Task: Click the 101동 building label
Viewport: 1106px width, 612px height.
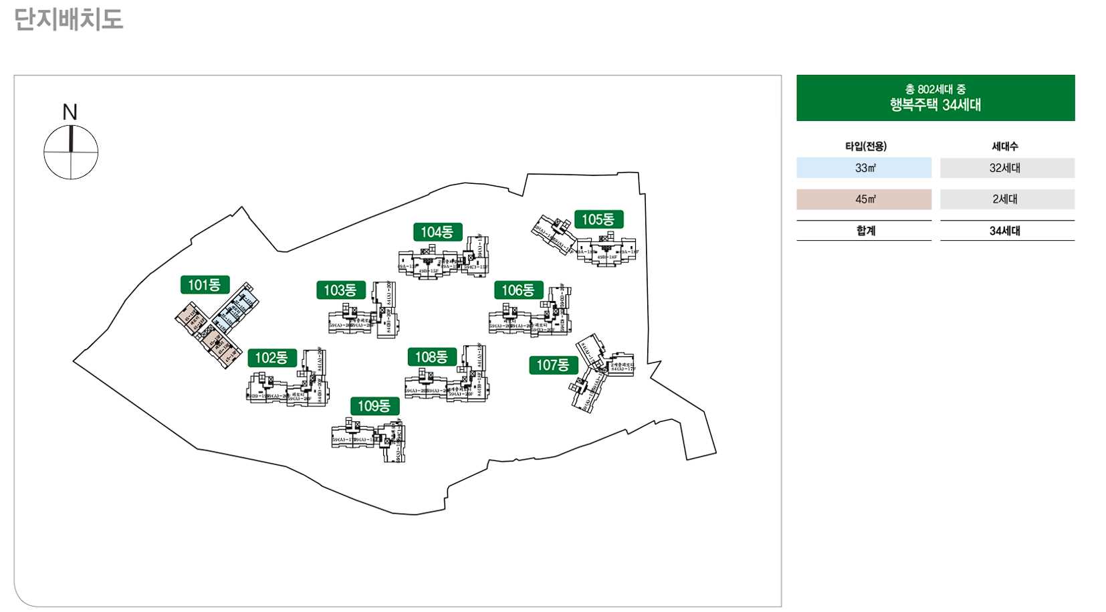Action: (x=205, y=285)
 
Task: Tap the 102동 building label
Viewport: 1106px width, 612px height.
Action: (x=271, y=358)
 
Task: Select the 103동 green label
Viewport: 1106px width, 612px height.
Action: (x=340, y=290)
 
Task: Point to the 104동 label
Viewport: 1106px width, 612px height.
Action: (x=437, y=232)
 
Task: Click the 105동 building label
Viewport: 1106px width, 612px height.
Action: (x=598, y=219)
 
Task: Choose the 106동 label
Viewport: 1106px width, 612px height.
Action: (x=518, y=290)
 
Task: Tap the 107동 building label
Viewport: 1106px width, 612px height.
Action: (x=553, y=365)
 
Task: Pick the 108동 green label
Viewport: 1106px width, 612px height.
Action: (x=431, y=357)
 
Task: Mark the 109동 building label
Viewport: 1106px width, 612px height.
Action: (x=374, y=406)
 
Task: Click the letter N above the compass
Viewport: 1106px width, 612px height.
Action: (x=70, y=112)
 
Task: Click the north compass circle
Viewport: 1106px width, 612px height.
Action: (x=71, y=152)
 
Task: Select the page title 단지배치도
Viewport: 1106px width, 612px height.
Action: (x=68, y=19)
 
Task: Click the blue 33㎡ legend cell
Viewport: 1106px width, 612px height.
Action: (x=863, y=168)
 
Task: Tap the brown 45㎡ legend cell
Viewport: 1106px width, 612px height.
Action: (x=863, y=199)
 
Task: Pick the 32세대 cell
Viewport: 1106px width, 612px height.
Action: (x=1006, y=168)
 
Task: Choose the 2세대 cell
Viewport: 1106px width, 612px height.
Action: (x=1006, y=199)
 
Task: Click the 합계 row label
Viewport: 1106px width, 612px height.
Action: (x=865, y=231)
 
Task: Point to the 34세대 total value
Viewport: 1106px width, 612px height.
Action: (x=1005, y=231)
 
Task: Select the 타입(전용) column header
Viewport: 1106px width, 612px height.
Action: (x=865, y=146)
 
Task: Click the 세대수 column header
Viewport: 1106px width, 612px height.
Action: (x=1005, y=146)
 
